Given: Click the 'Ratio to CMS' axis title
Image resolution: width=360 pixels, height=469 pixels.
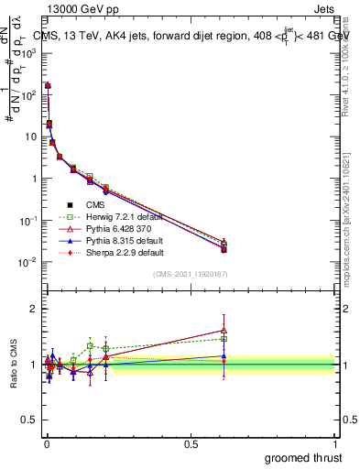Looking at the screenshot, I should pyautogui.click(x=13, y=364).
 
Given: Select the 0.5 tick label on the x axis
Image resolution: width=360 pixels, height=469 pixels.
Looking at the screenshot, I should pyautogui.click(x=191, y=444).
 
